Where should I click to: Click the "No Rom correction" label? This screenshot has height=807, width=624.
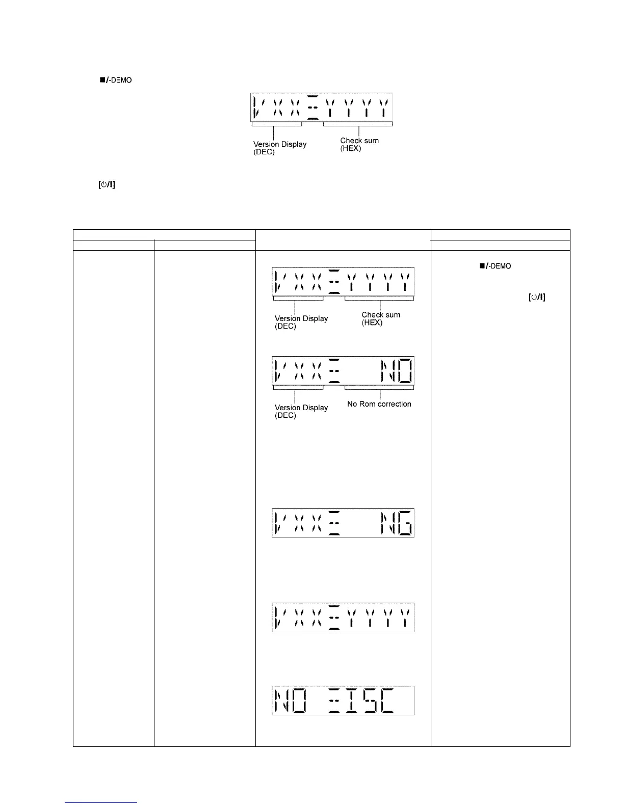[379, 404]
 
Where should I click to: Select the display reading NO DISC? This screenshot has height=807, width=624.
[343, 701]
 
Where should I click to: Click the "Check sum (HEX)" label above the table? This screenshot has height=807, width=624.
[359, 144]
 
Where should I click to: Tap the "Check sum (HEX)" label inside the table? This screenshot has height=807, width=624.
[381, 318]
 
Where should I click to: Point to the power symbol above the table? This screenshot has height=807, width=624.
[107, 185]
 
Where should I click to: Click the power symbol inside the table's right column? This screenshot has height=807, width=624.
[537, 298]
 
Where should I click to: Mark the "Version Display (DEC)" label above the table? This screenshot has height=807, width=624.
[280, 148]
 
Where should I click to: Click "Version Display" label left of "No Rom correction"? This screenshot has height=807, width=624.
[301, 411]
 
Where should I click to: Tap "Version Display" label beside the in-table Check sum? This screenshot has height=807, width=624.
[301, 322]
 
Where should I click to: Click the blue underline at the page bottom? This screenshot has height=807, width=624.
[101, 802]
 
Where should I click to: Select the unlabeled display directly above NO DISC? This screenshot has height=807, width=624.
[343, 617]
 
